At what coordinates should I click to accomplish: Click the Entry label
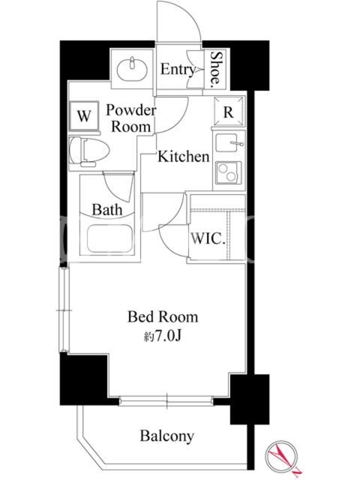click(x=178, y=70)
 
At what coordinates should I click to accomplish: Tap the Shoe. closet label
click(x=215, y=68)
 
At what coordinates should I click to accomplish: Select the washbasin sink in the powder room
click(x=132, y=69)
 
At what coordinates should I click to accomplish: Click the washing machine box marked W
click(x=84, y=116)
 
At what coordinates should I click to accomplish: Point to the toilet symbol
click(x=89, y=152)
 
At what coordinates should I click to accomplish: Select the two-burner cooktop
click(x=229, y=173)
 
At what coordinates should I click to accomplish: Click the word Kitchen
click(x=184, y=157)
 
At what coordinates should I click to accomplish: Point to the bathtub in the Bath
click(x=109, y=238)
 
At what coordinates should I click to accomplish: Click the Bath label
click(x=107, y=209)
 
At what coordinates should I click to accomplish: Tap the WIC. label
click(x=208, y=238)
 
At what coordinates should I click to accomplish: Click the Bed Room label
click(x=163, y=317)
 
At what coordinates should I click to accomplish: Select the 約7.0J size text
click(x=163, y=336)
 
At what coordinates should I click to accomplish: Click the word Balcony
click(x=167, y=436)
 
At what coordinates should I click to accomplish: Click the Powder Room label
click(x=131, y=118)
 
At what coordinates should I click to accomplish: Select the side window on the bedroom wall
click(x=64, y=310)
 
